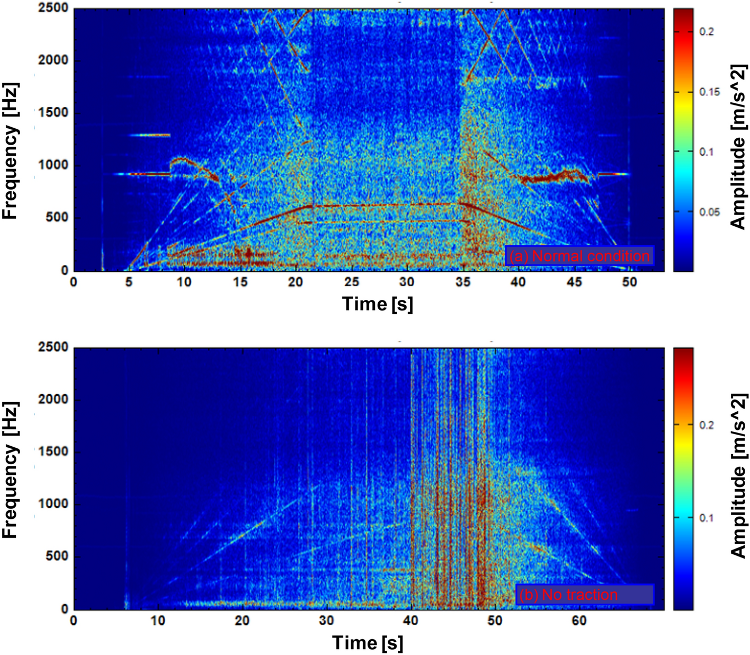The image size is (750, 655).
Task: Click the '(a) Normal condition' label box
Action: [x=579, y=256]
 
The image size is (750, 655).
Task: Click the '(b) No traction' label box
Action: [x=584, y=595]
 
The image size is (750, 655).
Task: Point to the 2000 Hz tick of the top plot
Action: [x=53, y=60]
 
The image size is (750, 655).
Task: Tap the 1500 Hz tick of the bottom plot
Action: [x=53, y=452]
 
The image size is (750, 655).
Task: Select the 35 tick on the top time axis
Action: [x=463, y=282]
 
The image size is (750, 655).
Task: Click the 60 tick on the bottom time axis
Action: [x=579, y=620]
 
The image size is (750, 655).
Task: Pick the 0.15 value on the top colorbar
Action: [x=709, y=92]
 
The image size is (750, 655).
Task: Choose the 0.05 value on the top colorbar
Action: [x=709, y=212]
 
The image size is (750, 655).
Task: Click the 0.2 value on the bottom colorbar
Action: [x=706, y=425]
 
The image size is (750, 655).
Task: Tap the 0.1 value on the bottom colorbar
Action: [x=706, y=518]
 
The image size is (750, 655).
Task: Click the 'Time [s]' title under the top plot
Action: [x=377, y=304]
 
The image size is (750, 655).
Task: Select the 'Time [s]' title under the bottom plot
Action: [x=368, y=643]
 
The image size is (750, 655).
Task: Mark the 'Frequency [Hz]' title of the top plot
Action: [x=11, y=151]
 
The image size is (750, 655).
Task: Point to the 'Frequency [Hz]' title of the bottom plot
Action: [x=11, y=470]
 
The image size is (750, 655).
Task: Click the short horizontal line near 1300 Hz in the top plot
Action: [x=150, y=135]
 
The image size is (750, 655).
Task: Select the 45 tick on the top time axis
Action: [x=574, y=282]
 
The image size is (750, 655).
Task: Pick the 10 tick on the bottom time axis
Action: [x=158, y=620]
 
